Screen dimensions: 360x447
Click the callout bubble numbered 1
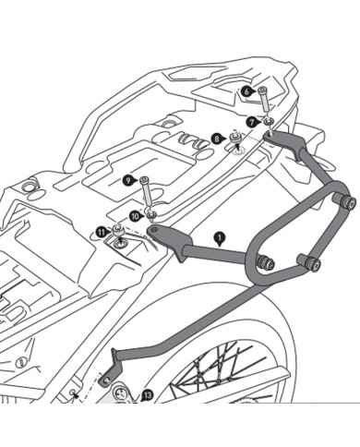pyautogui.click(x=219, y=237)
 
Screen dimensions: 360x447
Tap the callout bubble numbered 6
pyautogui.click(x=247, y=91)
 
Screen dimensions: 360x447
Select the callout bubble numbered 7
pyautogui.click(x=251, y=120)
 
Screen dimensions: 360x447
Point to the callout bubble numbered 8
pyautogui.click(x=218, y=139)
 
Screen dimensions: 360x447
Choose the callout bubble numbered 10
pyautogui.click(x=135, y=215)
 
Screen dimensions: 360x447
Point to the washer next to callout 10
pyautogui.click(x=151, y=215)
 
